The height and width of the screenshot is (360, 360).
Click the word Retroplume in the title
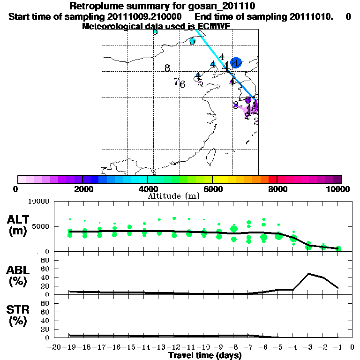[x=95, y=7]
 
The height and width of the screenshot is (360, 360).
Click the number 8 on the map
[x=167, y=68]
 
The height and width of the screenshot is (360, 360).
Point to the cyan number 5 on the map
[x=192, y=41]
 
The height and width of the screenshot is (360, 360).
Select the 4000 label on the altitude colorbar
[x=147, y=189]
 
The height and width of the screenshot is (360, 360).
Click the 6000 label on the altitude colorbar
[x=212, y=189]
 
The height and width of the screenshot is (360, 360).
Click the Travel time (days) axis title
[x=205, y=356]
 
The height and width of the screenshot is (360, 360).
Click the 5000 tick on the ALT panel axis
[x=41, y=226]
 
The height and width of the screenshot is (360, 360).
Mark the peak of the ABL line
[x=309, y=274]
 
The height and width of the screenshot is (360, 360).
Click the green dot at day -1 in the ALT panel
[x=338, y=248]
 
